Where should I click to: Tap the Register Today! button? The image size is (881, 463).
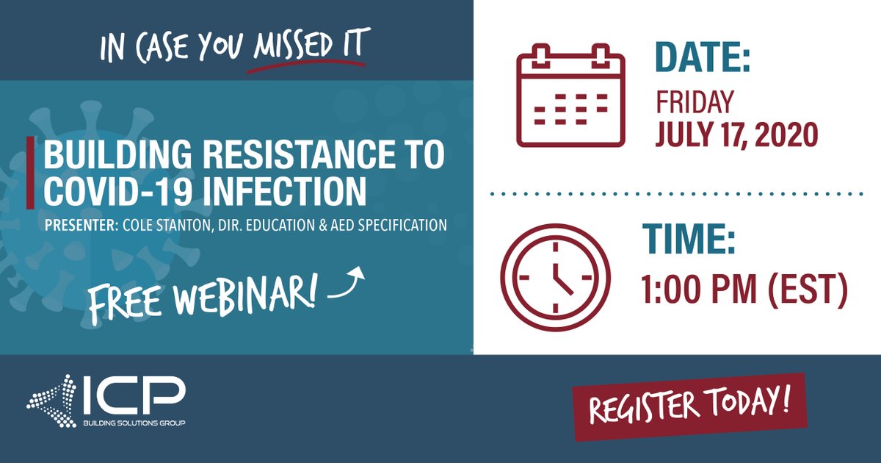(689, 406)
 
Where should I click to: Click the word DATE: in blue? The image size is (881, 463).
(703, 58)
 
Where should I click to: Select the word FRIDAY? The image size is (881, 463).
(694, 103)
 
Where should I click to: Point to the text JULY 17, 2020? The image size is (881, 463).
(736, 135)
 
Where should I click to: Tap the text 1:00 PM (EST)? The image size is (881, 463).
(745, 290)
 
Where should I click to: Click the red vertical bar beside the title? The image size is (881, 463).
(30, 173)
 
